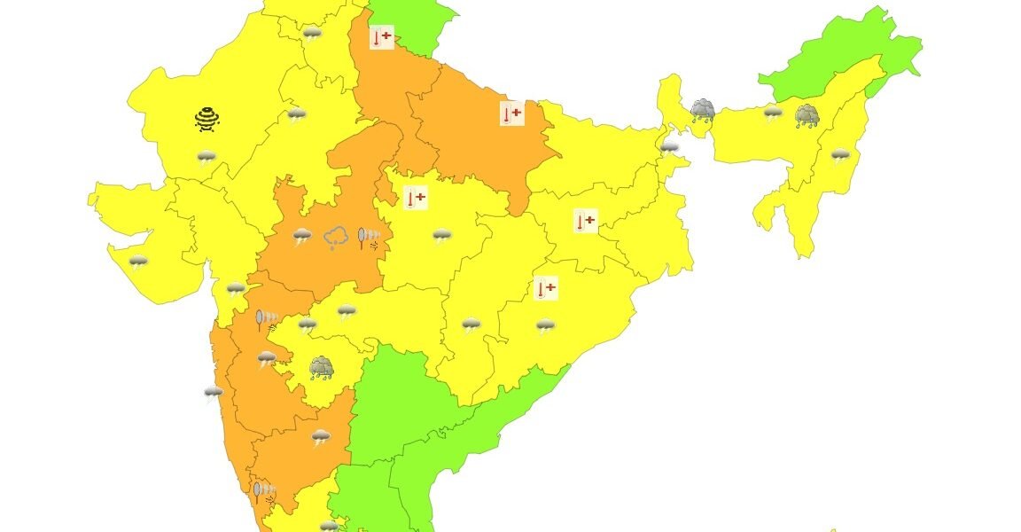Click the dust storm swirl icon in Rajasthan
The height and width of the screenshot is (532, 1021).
pos(207,119)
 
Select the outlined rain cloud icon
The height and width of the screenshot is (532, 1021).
pos(335,238)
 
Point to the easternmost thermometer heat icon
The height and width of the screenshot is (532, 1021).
pos(584,221)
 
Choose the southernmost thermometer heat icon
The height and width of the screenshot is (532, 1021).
pos(546,288)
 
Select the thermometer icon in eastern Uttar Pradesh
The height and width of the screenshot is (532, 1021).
pos(511,113)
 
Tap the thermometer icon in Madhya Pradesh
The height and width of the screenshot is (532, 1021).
pos(415,198)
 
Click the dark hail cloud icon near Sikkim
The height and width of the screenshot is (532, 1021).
pos(703,110)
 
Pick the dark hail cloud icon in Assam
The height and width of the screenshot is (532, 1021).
pos(807,115)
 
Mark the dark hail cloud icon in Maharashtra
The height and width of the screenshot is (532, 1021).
pos(321,367)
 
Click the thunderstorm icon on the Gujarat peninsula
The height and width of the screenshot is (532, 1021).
pos(138,262)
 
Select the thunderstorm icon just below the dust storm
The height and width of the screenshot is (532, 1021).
pos(207,159)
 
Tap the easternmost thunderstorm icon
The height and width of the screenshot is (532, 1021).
pos(839,156)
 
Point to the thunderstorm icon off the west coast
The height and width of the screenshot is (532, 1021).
pos(214,393)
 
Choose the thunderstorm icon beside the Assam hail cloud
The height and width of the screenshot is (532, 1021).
pos(774,113)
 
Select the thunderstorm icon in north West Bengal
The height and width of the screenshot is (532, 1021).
pos(670,147)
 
